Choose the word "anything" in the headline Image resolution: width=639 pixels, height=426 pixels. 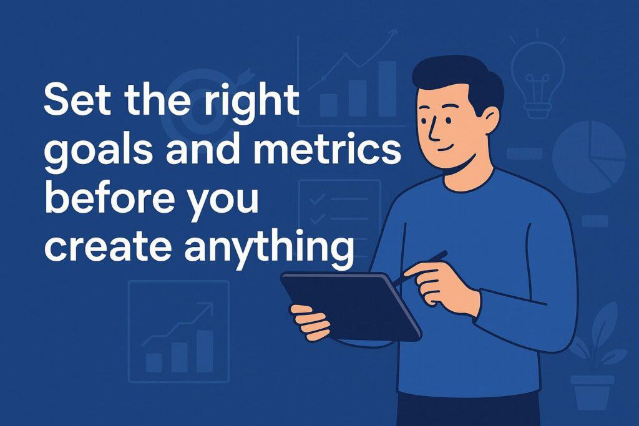point(269,248)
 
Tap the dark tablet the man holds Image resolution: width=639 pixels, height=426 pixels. point(351,306)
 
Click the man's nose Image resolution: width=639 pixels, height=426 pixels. point(433,131)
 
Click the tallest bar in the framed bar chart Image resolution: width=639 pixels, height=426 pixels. point(205,351)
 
